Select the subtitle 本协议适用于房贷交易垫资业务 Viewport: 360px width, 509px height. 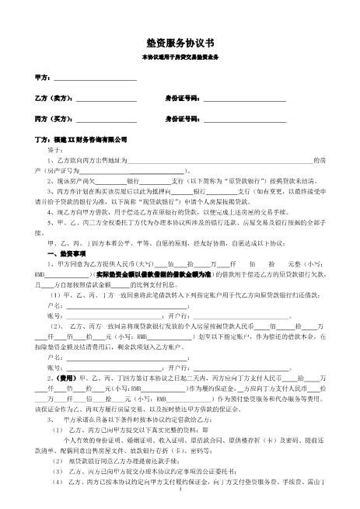(x=180, y=58)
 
